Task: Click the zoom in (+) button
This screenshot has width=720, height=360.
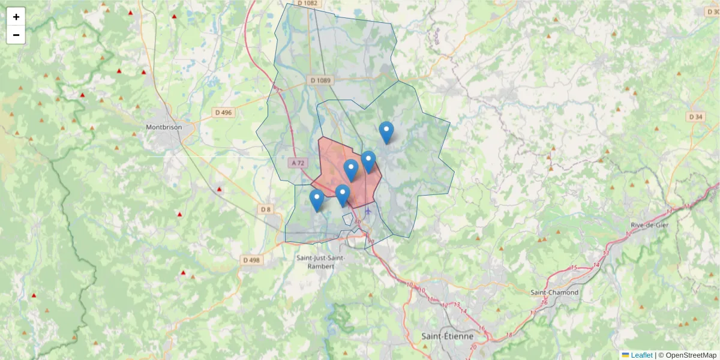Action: (16, 17)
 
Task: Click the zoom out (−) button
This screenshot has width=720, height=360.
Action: (16, 35)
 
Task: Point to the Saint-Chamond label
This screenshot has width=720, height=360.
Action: (554, 292)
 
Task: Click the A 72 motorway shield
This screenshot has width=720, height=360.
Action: (298, 163)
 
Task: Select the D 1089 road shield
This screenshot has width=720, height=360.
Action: (321, 80)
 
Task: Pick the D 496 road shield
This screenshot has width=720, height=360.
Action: (223, 112)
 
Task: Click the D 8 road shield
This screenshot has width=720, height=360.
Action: (266, 209)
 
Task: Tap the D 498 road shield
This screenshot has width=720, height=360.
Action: (251, 260)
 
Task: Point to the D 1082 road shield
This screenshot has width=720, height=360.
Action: (311, 3)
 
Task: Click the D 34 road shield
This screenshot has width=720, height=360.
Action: (696, 116)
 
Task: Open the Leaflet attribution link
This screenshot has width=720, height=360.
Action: (641, 355)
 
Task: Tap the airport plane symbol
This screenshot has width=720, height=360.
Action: (368, 210)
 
